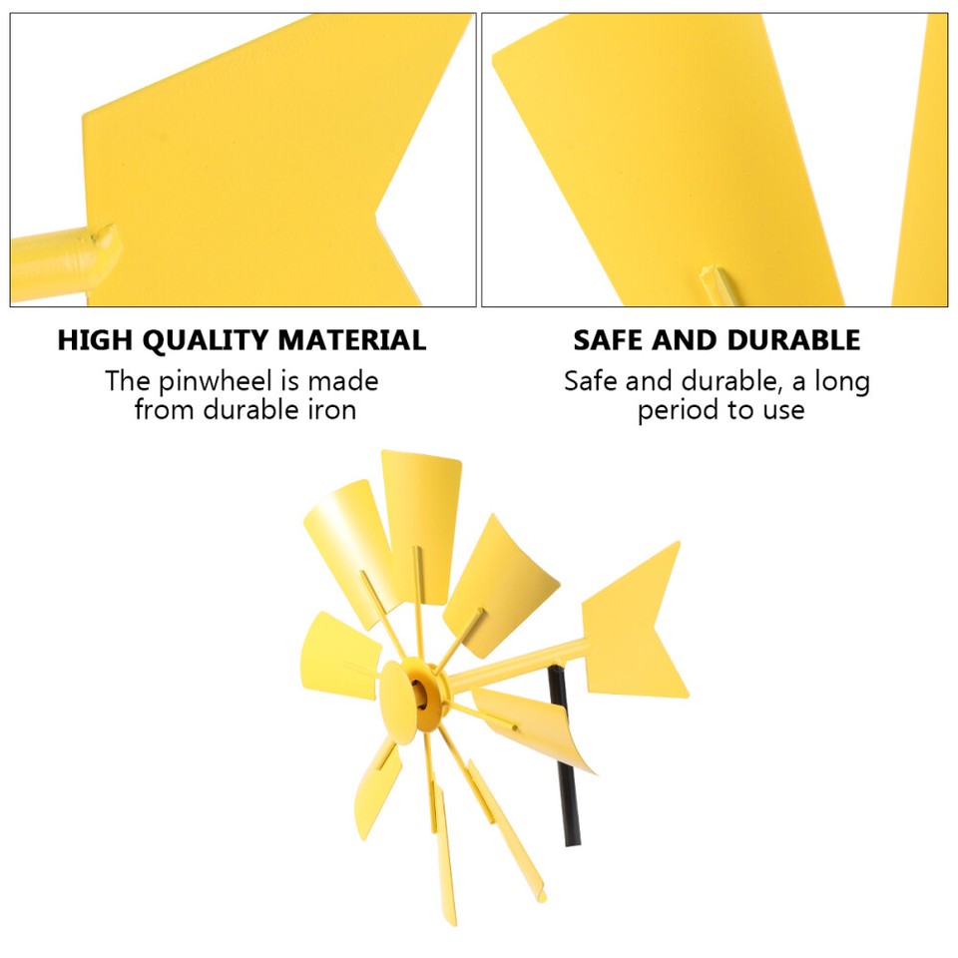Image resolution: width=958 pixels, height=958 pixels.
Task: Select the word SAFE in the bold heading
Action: coord(607,340)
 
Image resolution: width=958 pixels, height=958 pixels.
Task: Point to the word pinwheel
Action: coord(215,381)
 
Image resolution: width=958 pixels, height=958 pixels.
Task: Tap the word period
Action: coord(678,409)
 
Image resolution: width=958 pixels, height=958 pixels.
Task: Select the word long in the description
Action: coord(841,381)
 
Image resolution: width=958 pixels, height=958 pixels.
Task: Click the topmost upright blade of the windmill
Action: coord(419,509)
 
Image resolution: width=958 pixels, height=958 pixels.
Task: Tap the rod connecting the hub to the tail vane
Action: coord(519,664)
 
